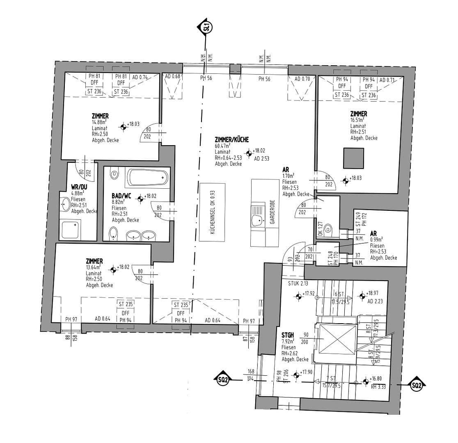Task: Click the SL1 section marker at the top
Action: [206, 28]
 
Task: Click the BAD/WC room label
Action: [121, 196]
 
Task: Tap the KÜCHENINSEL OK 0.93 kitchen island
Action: [212, 212]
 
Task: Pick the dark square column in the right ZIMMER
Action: [354, 158]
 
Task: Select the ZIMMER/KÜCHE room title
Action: [231, 139]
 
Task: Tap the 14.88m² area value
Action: [100, 122]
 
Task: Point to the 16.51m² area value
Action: [357, 120]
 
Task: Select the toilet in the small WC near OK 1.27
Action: [328, 231]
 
